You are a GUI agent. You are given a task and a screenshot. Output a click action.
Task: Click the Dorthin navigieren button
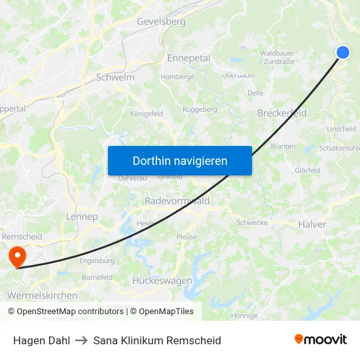[x=179, y=160]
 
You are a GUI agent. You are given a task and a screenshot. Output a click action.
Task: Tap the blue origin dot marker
[x=343, y=53]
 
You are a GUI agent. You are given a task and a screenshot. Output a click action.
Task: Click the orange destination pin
[x=15, y=256]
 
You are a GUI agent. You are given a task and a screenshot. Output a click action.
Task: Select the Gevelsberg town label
[x=161, y=22]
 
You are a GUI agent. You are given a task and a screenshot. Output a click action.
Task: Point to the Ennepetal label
[x=189, y=58]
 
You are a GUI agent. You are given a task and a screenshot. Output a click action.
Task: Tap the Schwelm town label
[x=115, y=77]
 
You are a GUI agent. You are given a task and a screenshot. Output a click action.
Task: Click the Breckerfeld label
[x=281, y=113]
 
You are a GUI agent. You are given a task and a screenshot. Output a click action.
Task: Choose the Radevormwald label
[x=177, y=201]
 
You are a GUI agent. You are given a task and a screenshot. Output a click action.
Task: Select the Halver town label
[x=312, y=224]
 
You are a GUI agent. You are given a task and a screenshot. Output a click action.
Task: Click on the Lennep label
[x=82, y=217]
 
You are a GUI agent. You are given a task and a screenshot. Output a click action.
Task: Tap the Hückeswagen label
[x=162, y=280]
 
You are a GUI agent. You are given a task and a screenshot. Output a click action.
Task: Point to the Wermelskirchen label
[x=42, y=295]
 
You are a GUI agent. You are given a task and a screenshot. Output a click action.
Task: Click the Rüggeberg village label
[x=200, y=109]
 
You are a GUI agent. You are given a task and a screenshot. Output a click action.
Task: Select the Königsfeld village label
[x=147, y=113]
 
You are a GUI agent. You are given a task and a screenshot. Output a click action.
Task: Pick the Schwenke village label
[x=253, y=223]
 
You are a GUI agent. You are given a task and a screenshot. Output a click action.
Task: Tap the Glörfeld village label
[x=307, y=171]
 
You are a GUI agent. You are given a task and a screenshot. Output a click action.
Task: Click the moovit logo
[x=320, y=339]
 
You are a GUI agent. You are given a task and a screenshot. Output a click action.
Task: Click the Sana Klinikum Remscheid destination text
[x=157, y=340]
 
